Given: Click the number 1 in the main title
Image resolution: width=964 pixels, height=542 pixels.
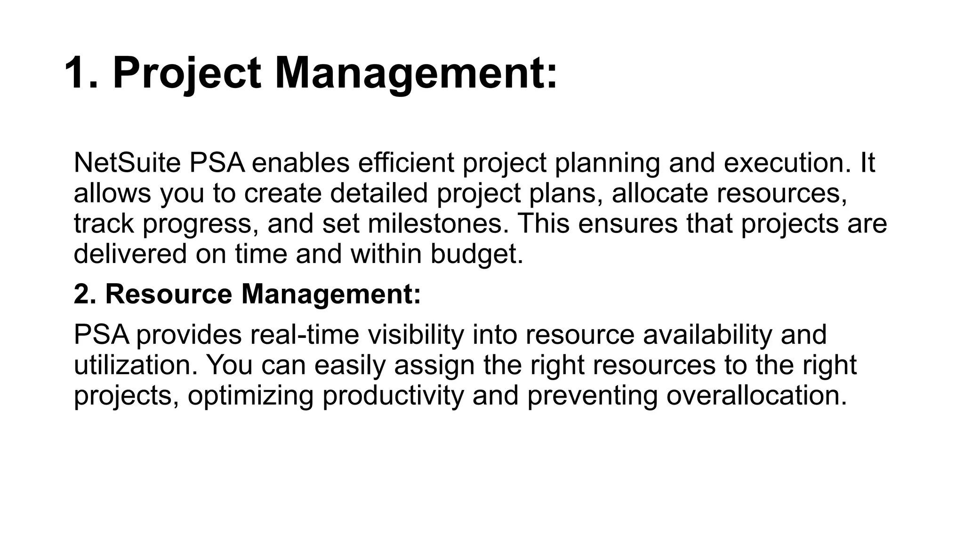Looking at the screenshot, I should pyautogui.click(x=80, y=73).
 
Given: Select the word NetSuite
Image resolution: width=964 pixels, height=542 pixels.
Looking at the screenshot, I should pyautogui.click(x=127, y=163).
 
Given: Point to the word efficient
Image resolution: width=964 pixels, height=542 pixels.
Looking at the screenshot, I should pyautogui.click(x=406, y=163).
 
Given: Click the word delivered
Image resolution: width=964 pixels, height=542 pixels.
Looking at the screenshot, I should pyautogui.click(x=130, y=254).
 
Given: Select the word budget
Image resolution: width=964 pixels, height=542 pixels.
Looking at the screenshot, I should pyautogui.click(x=476, y=254).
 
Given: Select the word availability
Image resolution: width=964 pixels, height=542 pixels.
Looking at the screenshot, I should pyautogui.click(x=707, y=335).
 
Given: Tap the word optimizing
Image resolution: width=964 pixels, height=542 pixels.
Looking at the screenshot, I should pyautogui.click(x=250, y=395).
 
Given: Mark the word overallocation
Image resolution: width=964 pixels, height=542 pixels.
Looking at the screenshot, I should pyautogui.click(x=756, y=395).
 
